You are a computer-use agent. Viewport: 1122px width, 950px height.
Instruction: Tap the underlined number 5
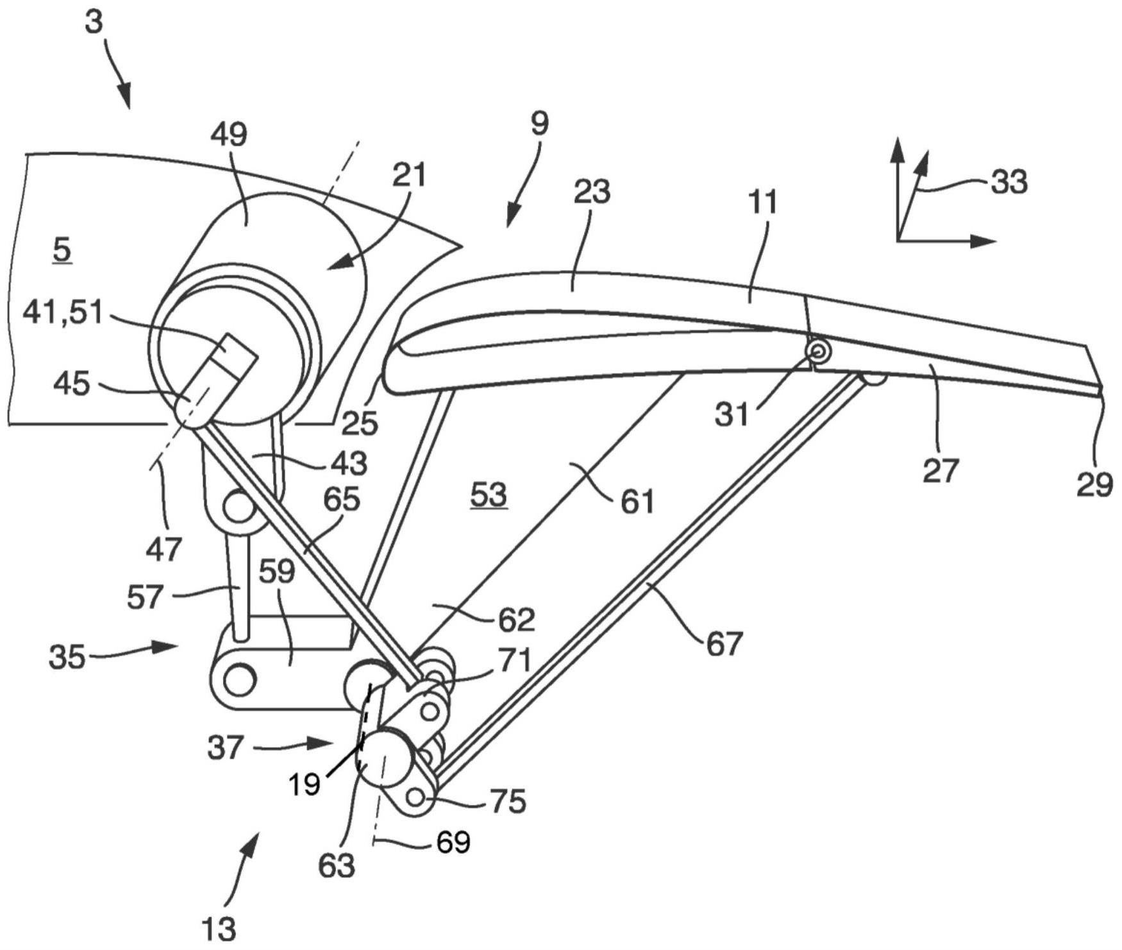62,250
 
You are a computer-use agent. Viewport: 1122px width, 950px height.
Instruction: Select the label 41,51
63,314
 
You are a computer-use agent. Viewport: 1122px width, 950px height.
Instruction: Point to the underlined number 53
489,495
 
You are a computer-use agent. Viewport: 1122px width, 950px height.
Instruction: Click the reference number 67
723,643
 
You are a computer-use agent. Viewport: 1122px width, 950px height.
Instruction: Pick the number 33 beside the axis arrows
1009,182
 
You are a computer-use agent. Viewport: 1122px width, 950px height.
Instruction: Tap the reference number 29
1094,484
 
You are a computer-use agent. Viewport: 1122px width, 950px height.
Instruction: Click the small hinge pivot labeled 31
819,350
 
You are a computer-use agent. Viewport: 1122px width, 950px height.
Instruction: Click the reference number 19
304,785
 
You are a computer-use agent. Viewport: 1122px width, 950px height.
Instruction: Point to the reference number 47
164,549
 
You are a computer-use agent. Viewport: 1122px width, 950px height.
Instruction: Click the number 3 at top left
94,22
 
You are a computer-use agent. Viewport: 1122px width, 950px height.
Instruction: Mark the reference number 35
67,657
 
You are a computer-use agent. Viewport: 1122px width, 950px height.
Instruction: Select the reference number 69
453,842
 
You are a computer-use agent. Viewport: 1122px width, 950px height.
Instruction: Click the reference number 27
940,470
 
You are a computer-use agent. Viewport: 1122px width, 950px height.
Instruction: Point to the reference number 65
342,498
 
